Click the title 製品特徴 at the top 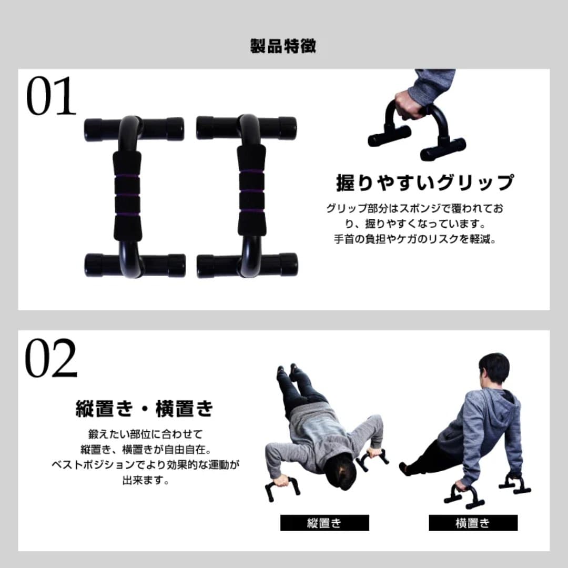(x=283, y=46)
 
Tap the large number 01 (x=51, y=98)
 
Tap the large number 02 (x=51, y=359)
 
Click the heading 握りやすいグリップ (x=424, y=182)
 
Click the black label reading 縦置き (x=324, y=523)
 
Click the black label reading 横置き (x=473, y=523)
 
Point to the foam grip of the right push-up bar (x=251, y=190)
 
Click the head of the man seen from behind (x=494, y=370)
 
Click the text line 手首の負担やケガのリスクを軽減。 (x=415, y=239)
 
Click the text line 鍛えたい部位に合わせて (x=145, y=434)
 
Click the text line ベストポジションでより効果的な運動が (x=145, y=465)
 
